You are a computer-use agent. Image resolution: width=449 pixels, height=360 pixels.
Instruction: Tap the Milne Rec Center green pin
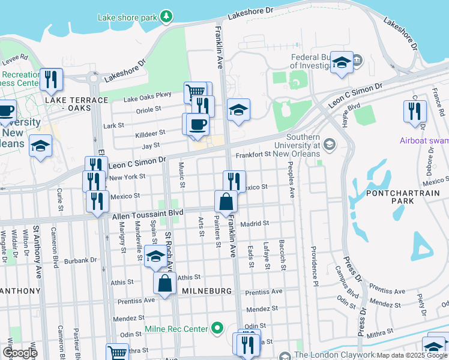coord(218,329)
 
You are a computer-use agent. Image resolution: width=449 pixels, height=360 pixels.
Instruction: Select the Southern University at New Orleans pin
coord(329,144)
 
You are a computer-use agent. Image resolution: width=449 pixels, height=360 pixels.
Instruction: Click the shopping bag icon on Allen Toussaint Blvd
coord(225,202)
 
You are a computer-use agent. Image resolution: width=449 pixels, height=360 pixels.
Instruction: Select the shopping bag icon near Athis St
coord(164,283)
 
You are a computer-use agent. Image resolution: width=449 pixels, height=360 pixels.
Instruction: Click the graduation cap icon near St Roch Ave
coord(155,256)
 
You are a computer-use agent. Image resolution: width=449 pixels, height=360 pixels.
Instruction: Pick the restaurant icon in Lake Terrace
coord(51,79)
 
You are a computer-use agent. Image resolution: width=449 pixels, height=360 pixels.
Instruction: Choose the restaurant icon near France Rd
coord(414,111)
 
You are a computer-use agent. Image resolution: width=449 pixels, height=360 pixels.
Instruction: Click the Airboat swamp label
coord(424,140)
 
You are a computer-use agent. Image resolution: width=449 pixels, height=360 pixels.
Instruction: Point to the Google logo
coord(20,353)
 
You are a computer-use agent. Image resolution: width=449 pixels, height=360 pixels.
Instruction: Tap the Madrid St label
coord(253,223)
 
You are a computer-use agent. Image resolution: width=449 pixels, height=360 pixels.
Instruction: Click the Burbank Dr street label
coord(80,260)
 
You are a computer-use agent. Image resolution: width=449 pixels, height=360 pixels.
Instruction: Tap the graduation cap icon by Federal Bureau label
coord(342,62)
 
